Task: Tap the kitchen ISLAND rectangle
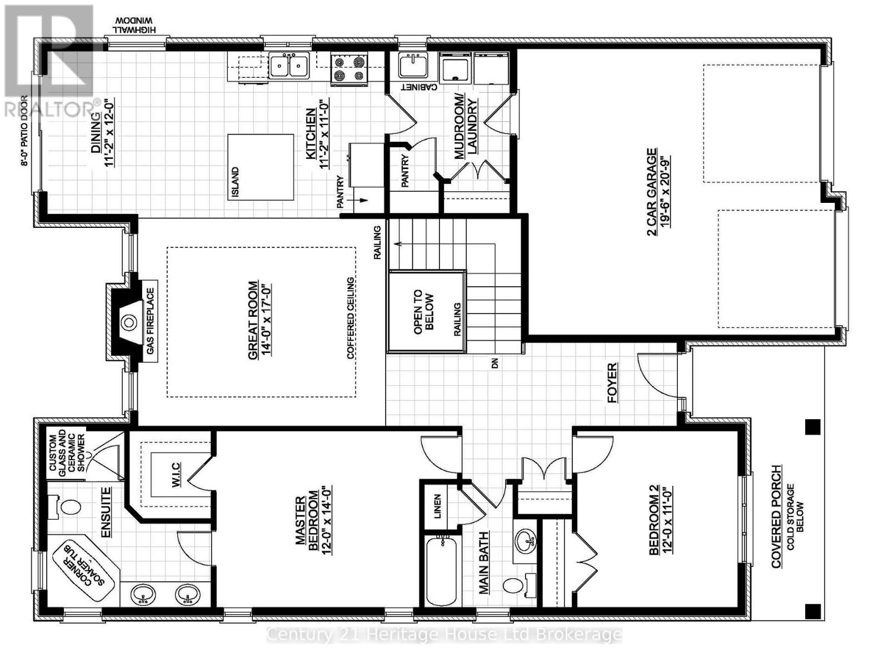[x=261, y=167]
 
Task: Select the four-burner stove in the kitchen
[x=349, y=69]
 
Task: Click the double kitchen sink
[x=289, y=66]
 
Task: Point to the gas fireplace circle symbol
[x=129, y=322]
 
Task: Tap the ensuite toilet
[x=66, y=507]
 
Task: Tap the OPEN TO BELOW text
[x=425, y=311]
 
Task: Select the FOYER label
[x=612, y=382]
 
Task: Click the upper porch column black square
[x=812, y=427]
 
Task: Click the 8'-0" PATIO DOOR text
[x=24, y=131]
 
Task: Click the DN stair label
[x=495, y=364]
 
